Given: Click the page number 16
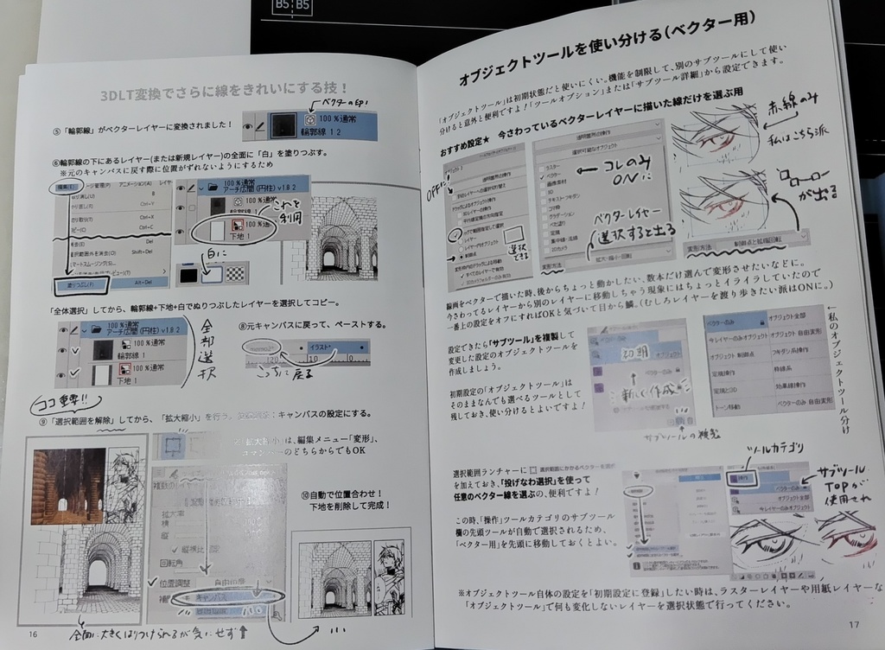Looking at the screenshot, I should click(34, 634).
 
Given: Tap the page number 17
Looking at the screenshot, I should click(853, 624).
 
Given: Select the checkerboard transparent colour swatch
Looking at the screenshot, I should click(235, 273).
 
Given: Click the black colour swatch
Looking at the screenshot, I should click(188, 274).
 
